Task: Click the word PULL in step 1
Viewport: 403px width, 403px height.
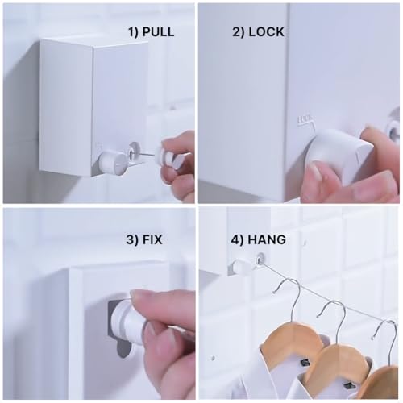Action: pyautogui.click(x=158, y=31)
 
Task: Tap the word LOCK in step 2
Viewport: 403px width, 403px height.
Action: pyautogui.click(x=266, y=31)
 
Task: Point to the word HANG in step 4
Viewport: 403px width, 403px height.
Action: pyautogui.click(x=267, y=239)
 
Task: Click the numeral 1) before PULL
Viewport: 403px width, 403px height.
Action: pyautogui.click(x=133, y=32)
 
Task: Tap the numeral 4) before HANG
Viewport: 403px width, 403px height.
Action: pyautogui.click(x=237, y=239)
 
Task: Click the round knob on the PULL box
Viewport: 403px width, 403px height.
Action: pyautogui.click(x=112, y=163)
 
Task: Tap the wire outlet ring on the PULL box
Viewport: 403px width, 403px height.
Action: pyautogui.click(x=134, y=151)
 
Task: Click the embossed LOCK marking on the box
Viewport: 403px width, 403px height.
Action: pyautogui.click(x=305, y=119)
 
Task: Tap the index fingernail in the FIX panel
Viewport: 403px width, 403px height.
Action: pyautogui.click(x=139, y=295)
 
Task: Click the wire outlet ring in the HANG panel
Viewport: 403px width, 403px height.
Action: pyautogui.click(x=260, y=260)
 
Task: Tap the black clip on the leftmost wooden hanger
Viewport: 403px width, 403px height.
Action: pyautogui.click(x=305, y=363)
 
